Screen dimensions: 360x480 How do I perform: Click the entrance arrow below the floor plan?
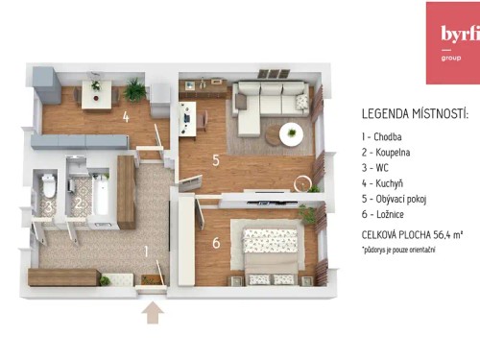152,314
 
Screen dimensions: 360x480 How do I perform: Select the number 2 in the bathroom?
80,204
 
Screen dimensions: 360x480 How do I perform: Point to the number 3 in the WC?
47,205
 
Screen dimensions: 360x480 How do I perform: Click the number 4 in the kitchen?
125,119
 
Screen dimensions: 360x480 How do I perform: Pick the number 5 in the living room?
216,159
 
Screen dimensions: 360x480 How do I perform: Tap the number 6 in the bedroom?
216,243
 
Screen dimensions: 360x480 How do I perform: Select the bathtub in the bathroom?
99,192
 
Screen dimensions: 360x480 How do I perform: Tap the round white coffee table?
292,133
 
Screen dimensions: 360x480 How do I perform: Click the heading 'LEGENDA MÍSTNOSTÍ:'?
415,113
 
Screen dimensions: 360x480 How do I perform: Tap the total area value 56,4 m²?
446,233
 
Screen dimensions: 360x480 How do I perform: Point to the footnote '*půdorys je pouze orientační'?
398,250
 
